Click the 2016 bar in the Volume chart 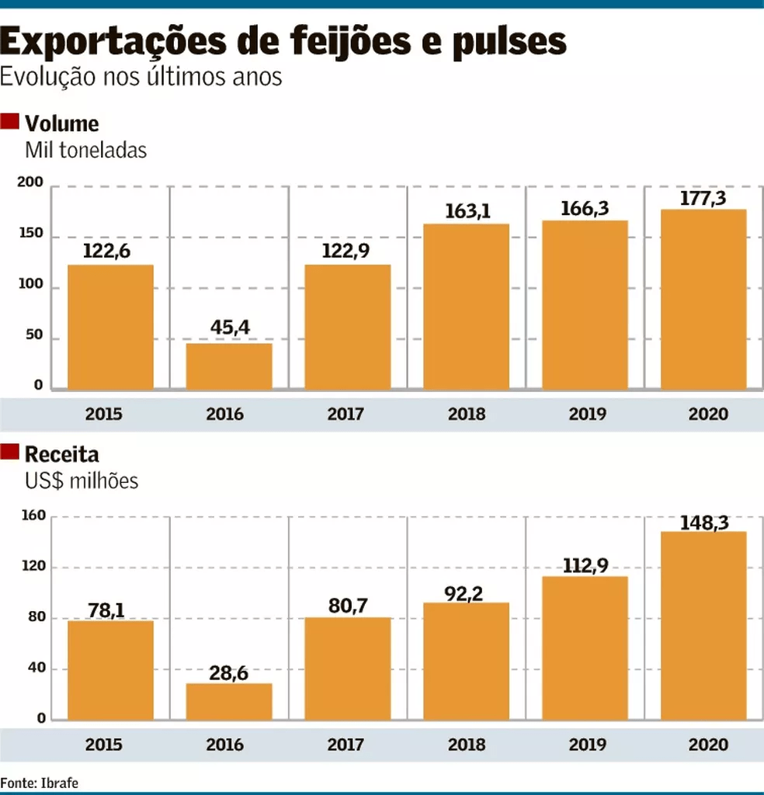click(x=229, y=366)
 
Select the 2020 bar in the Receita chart click(x=703, y=625)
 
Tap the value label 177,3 click(x=703, y=198)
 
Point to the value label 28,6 click(x=229, y=672)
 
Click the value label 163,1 click(x=466, y=211)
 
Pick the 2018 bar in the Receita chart click(x=466, y=661)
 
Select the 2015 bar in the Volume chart click(x=110, y=327)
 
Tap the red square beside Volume click(x=10, y=121)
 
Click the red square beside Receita click(x=10, y=451)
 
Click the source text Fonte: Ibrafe click(x=40, y=782)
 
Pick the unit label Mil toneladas click(x=85, y=150)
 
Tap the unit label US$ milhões click(x=82, y=481)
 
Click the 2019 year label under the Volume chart click(x=588, y=414)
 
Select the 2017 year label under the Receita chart click(x=346, y=745)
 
